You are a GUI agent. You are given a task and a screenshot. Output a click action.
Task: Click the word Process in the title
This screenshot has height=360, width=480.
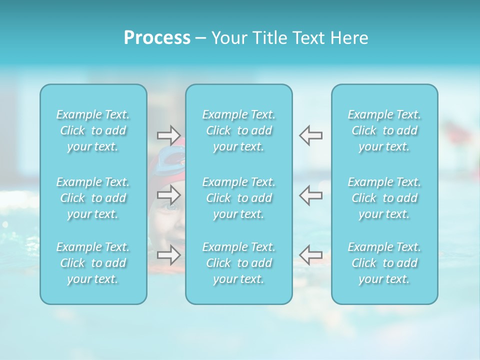coord(157,38)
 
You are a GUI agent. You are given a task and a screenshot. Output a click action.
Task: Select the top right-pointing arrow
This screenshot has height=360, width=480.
coord(168,135)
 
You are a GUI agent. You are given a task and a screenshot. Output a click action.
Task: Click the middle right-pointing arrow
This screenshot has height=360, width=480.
coord(168,194)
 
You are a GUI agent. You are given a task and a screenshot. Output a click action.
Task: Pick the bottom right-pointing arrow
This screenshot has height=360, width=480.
coord(168,255)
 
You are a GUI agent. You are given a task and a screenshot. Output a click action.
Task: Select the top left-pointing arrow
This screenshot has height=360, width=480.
coord(310,135)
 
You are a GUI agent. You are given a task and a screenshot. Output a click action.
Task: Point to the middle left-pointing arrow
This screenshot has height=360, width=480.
coord(310,194)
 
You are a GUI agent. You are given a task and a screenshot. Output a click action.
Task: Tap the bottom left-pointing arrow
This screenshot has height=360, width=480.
coord(310,255)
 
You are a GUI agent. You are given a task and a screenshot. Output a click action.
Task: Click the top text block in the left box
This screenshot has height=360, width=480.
coord(93,130)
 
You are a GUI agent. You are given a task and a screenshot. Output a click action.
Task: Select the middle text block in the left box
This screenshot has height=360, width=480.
coord(93,198)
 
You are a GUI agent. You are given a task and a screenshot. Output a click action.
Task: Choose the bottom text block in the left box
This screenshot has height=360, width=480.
coord(93,263)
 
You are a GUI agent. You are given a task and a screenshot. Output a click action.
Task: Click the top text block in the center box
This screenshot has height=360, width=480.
coord(239,130)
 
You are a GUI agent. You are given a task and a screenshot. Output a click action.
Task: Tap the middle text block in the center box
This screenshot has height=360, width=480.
coord(239,198)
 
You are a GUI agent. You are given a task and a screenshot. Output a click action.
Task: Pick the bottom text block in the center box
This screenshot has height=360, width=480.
coord(239,263)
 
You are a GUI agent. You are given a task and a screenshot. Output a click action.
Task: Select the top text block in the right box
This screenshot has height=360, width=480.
coord(384,130)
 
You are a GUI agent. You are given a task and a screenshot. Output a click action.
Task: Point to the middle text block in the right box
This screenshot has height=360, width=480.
coord(384,198)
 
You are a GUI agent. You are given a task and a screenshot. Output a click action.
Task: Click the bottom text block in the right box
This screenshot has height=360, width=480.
coord(384,263)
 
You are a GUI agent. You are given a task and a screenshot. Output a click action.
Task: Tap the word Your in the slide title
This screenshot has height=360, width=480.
coord(229,38)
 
